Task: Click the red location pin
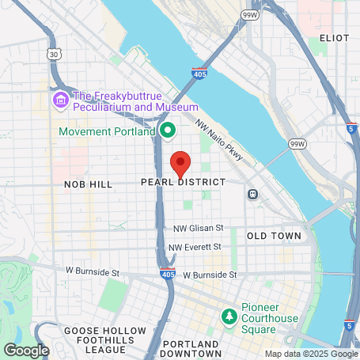180,163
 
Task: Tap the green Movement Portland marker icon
167,130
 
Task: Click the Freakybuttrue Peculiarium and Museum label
135,100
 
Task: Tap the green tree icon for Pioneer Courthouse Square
229,316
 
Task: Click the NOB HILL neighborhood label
89,183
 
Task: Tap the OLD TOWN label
274,236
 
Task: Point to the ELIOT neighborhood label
334,37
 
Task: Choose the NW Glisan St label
199,229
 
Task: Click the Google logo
27,350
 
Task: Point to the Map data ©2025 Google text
310,354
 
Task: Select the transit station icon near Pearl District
252,194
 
